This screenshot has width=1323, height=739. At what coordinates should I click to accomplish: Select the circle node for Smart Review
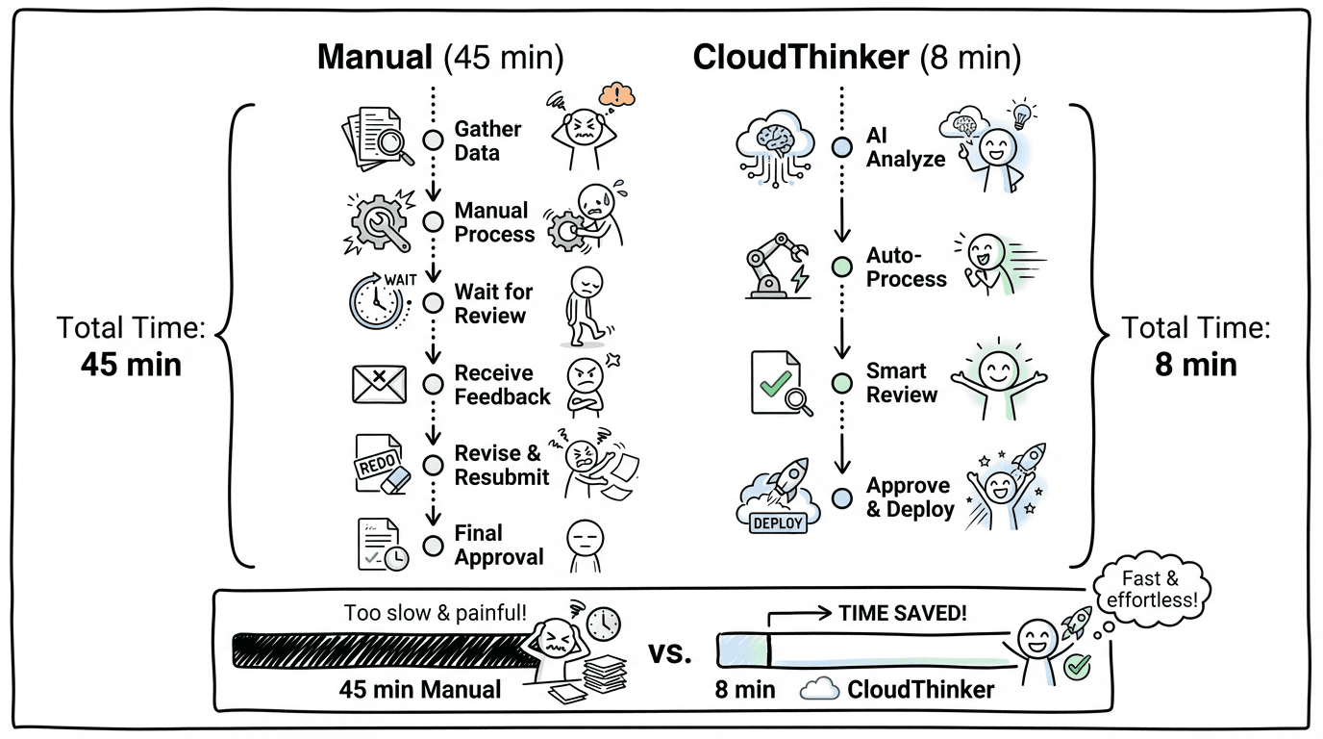(x=841, y=383)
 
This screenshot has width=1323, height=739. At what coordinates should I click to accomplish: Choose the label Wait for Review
(x=493, y=304)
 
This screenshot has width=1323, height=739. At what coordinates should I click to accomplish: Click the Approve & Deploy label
(x=910, y=497)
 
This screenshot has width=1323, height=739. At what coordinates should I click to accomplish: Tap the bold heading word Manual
(x=375, y=58)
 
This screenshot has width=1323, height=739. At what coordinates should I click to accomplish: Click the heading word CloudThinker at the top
(x=801, y=58)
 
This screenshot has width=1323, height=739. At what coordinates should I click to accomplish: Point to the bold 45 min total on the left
(x=131, y=365)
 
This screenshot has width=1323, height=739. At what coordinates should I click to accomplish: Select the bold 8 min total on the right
(x=1196, y=365)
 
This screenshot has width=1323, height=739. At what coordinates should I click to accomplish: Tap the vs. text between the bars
(x=669, y=654)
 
